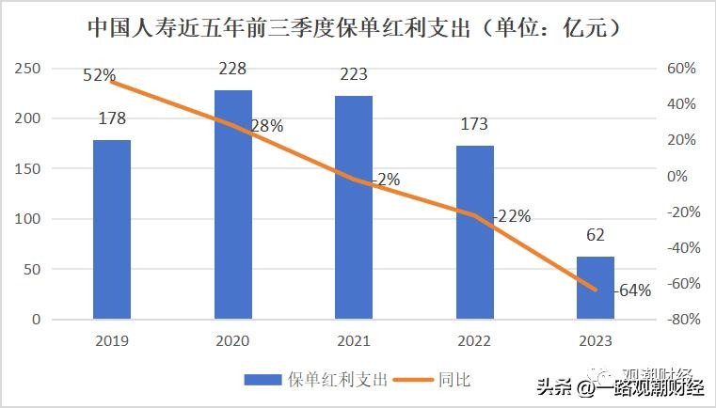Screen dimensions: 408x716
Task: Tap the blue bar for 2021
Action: [354, 208]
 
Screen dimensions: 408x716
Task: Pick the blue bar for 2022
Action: [475, 232]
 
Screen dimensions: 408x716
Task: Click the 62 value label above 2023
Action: [596, 235]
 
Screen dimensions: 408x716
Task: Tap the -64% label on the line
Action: [631, 290]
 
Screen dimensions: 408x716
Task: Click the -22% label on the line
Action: [511, 216]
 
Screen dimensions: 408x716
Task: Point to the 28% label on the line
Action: [266, 127]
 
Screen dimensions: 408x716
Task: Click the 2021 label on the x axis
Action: [354, 340]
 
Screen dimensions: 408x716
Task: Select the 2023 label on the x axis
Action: [596, 340]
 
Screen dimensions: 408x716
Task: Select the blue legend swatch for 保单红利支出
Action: [263, 380]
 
